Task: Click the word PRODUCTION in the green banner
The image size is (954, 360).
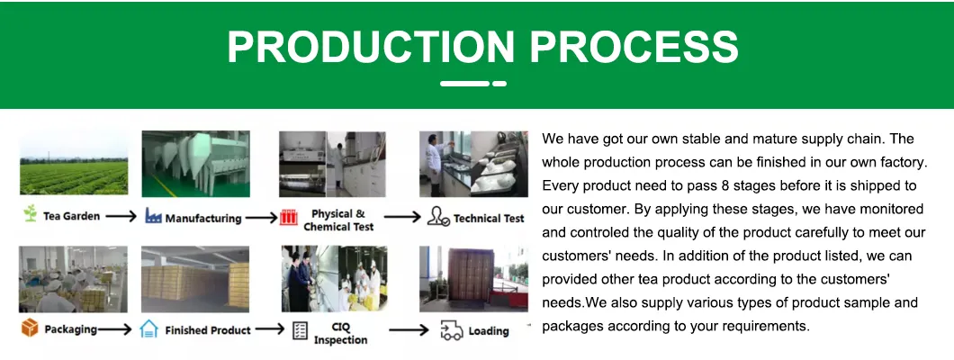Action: [371, 46]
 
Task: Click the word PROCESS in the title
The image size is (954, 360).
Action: [634, 46]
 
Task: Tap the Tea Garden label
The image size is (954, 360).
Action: [71, 216]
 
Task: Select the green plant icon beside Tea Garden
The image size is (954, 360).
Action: [30, 213]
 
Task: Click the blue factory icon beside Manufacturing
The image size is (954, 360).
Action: [153, 215]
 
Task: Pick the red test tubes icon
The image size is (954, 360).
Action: [288, 217]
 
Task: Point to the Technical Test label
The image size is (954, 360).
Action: [490, 219]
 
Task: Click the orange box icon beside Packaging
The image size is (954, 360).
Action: [29, 328]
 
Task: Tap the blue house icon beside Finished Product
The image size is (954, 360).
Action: [148, 329]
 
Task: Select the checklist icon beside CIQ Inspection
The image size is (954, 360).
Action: [300, 331]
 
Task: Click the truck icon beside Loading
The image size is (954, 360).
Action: [452, 331]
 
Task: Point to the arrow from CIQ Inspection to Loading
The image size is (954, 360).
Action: [409, 331]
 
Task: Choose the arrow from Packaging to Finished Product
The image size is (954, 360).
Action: [115, 330]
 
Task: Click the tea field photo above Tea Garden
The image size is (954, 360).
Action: [74, 163]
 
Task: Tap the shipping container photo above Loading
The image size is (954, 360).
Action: [474, 279]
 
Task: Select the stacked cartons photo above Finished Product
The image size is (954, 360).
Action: [195, 279]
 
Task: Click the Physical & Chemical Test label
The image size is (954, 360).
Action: [339, 220]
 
